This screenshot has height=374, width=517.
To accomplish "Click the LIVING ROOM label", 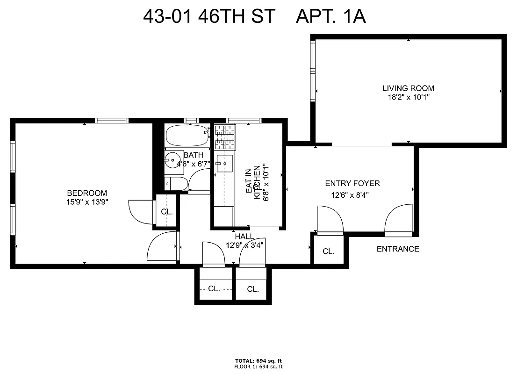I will (408, 88).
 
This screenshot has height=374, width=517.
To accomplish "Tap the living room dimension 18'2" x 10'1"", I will (408, 97).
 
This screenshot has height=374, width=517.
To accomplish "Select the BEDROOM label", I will (87, 193).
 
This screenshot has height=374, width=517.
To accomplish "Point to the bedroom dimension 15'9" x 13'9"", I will (87, 202).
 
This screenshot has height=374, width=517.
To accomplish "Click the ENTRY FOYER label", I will (352, 183).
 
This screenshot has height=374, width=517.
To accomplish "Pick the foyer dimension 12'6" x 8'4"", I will (350, 195).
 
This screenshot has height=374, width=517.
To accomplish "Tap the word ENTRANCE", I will (398, 249).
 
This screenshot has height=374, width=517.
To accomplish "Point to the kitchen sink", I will (225, 163).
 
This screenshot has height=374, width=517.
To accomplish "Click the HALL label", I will (244, 237).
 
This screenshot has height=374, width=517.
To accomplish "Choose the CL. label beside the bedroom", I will (167, 211).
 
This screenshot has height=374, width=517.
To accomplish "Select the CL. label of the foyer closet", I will (329, 252).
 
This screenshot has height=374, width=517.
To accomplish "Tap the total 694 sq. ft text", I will (258, 361).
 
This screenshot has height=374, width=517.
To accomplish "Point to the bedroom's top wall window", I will (112, 120).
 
